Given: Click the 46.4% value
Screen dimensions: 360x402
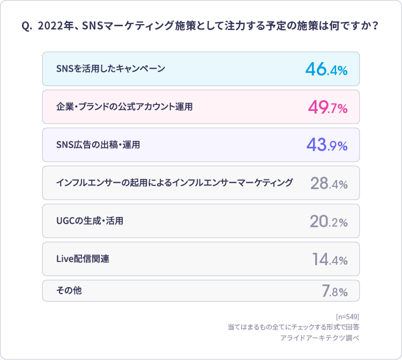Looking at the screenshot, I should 326,69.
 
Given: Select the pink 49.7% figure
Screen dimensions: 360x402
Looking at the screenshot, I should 327,107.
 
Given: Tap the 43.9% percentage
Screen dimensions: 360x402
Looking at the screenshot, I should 326,145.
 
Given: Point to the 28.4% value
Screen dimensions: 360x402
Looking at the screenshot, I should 329,183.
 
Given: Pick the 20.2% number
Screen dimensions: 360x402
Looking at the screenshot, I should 329,221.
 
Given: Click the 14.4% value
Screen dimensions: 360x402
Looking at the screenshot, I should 330,259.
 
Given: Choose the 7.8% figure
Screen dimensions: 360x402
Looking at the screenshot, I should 334,291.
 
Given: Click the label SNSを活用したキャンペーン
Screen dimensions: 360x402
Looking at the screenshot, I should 110,69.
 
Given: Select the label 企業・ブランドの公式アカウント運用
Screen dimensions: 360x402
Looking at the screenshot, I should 124,107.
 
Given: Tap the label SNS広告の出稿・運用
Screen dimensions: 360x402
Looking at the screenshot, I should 98,145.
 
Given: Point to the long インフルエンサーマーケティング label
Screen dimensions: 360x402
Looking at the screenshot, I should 174,183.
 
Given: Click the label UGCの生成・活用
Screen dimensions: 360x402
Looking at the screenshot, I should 90,221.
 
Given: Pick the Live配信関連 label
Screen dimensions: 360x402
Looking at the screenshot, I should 83,259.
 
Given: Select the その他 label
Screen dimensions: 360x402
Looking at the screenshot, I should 69,290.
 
